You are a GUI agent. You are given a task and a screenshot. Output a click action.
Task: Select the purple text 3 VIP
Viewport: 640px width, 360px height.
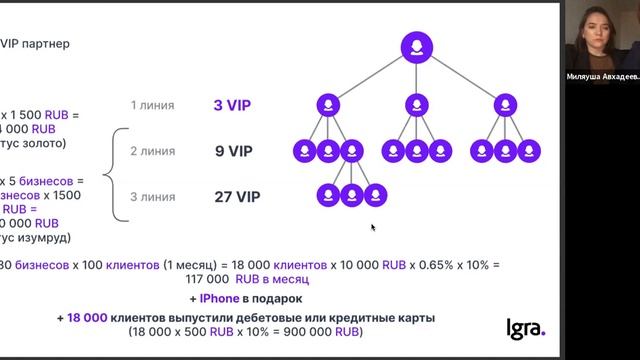[232, 105]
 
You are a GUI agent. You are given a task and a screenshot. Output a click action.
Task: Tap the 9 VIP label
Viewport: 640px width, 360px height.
[233, 152]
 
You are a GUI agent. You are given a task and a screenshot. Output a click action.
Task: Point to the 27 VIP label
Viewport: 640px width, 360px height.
[237, 197]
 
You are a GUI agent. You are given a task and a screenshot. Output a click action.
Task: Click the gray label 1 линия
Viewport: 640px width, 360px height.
[153, 105]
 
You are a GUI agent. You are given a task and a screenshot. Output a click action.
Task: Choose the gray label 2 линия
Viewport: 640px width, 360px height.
[153, 152]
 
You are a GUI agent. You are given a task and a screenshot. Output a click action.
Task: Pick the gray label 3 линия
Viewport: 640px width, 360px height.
[153, 197]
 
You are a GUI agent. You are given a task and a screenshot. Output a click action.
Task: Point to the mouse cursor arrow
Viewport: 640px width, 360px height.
[373, 227]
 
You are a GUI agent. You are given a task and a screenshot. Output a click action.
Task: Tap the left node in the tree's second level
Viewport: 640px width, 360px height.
[328, 105]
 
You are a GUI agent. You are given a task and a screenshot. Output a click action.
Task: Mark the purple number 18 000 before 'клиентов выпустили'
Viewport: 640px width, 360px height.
[87, 318]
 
